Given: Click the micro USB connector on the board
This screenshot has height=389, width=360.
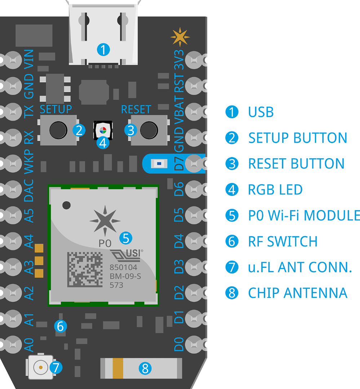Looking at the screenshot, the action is pos(103,35).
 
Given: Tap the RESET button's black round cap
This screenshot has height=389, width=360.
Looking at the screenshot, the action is pos(149,130).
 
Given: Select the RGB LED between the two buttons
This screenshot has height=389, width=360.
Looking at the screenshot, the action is pos(103,130).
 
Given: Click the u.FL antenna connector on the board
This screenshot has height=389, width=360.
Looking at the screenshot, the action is pos(40,367).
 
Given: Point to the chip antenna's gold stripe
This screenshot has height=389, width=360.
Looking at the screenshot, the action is pos(118,368).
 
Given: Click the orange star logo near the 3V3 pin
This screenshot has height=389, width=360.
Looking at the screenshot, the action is pos(180,37).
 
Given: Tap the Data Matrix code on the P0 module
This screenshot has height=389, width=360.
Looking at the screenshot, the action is pos(85,270).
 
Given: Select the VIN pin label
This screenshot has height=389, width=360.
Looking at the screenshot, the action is pos(29,59).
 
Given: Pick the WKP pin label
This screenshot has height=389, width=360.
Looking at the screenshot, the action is pos(29,161).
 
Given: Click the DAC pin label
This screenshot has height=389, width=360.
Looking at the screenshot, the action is pos(29,190).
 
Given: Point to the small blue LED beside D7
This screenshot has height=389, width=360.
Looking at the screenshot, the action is pos(159,164).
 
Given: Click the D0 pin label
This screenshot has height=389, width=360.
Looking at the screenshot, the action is pos(179,344).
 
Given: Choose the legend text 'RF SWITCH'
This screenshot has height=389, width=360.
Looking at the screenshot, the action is pos(283,241).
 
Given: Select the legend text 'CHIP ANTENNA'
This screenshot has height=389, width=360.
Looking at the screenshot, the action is pos(298,293).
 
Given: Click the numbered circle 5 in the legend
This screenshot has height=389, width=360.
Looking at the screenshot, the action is pos(232,215).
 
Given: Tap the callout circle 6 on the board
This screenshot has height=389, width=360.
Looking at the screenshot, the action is pos(60,326).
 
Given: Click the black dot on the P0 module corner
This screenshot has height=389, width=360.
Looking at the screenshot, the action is pos(66,205).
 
